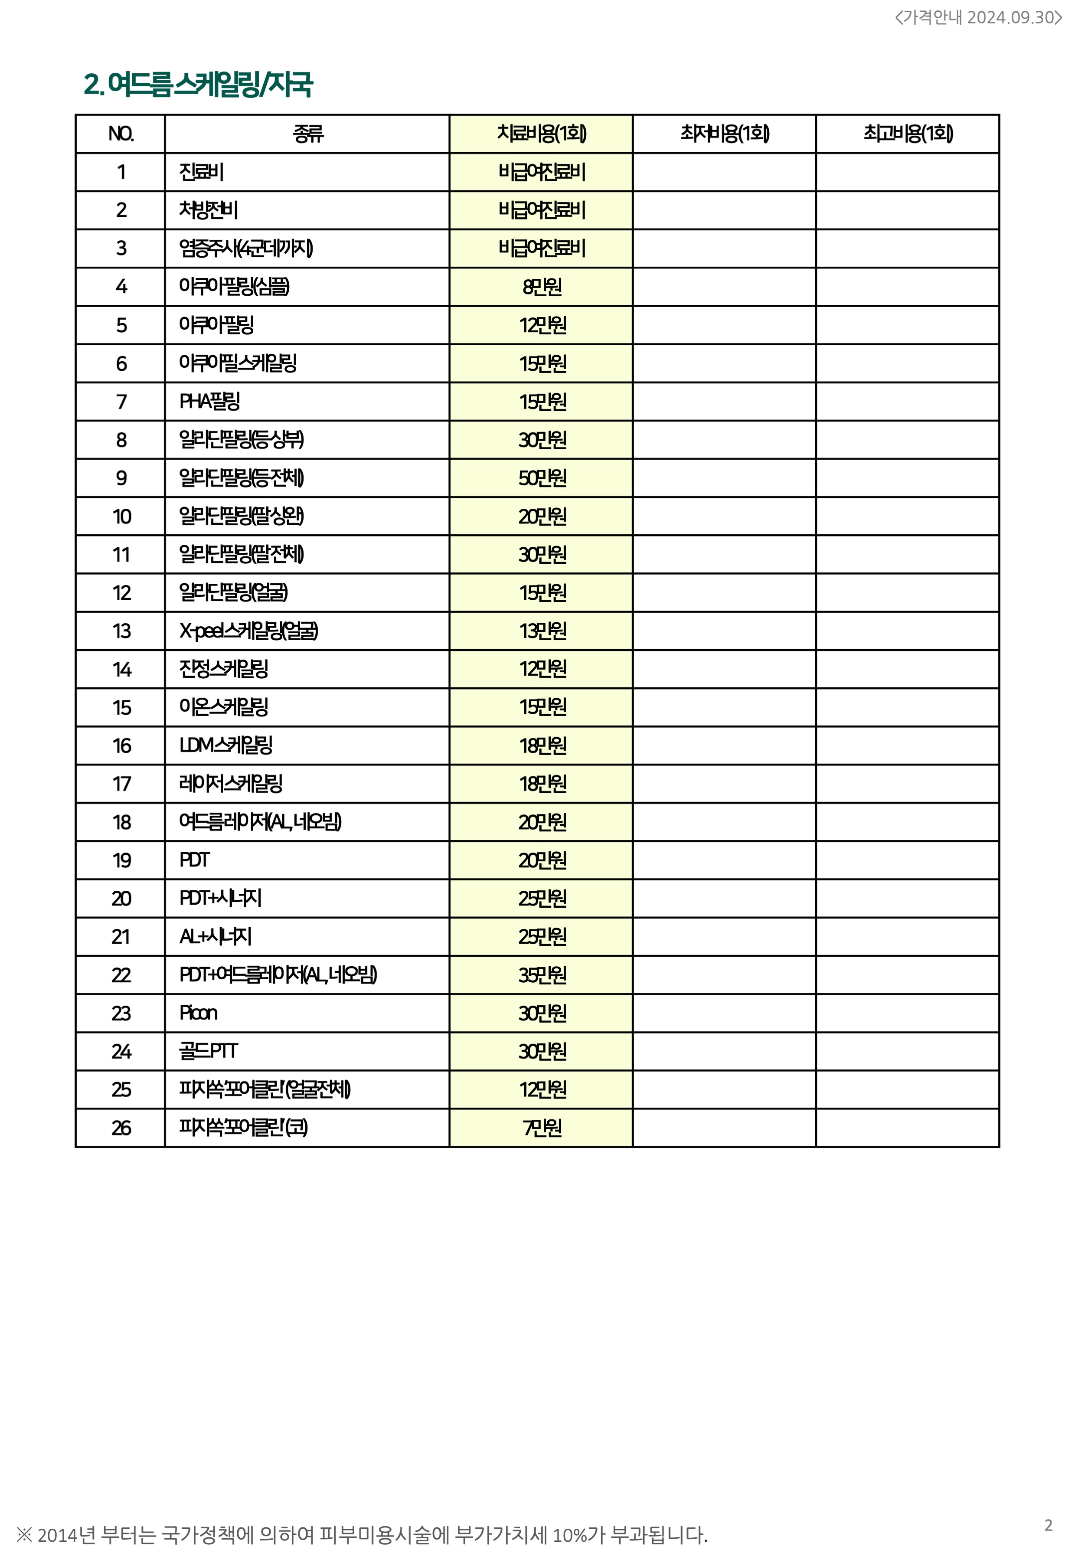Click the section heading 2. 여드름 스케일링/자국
click(198, 85)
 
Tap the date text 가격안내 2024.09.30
click(978, 17)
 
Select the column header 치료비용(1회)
click(542, 133)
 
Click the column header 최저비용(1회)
click(724, 133)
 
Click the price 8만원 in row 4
click(542, 287)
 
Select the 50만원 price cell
click(542, 478)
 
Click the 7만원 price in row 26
click(542, 1128)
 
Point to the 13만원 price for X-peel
click(542, 631)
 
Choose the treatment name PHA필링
click(209, 402)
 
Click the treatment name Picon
click(198, 1014)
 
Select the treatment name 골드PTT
click(208, 1051)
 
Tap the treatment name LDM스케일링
click(225, 745)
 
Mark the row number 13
click(121, 631)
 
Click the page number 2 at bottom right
click(1048, 1525)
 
